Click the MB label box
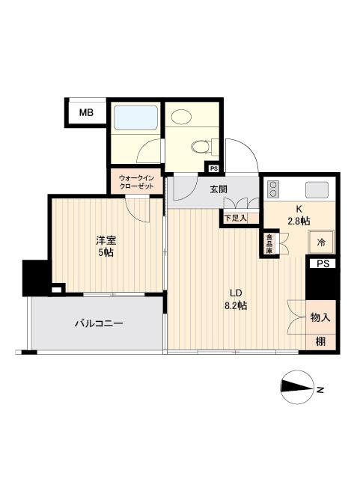click(87, 114)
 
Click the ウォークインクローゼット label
click(135, 181)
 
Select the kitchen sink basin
click(317, 189)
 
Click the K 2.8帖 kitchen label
click(300, 214)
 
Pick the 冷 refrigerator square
click(321, 242)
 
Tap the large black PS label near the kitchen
click(322, 263)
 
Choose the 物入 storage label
click(320, 317)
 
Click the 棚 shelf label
click(320, 341)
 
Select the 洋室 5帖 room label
click(106, 247)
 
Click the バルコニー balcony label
click(98, 324)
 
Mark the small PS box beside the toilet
click(214, 168)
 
